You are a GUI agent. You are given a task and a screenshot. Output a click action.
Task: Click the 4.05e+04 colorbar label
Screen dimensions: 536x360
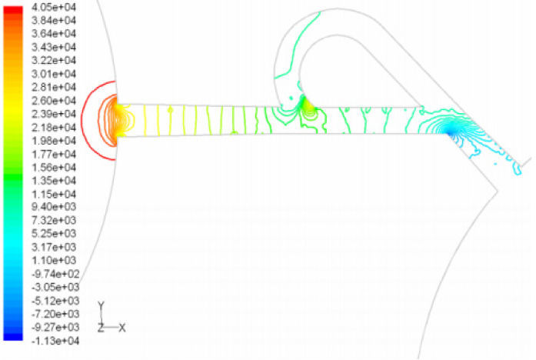54,7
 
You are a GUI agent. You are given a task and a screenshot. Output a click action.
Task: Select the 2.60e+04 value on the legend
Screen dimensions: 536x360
54,101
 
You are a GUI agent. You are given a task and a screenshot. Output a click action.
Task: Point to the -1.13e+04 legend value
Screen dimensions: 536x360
55,341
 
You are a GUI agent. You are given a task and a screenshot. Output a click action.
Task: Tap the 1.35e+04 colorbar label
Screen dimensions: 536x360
54,181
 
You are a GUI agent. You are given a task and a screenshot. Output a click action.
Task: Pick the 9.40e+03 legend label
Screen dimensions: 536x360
54,207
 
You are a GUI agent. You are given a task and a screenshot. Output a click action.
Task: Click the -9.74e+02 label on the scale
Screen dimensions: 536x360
55,274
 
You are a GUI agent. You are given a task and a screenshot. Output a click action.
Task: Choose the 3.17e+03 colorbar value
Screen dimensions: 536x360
54,247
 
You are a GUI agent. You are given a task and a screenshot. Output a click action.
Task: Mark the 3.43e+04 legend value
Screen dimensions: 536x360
54,47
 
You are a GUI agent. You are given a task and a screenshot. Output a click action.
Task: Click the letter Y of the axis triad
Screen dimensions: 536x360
102,305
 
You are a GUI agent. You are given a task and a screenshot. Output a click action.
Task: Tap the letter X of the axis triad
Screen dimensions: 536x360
122,328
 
